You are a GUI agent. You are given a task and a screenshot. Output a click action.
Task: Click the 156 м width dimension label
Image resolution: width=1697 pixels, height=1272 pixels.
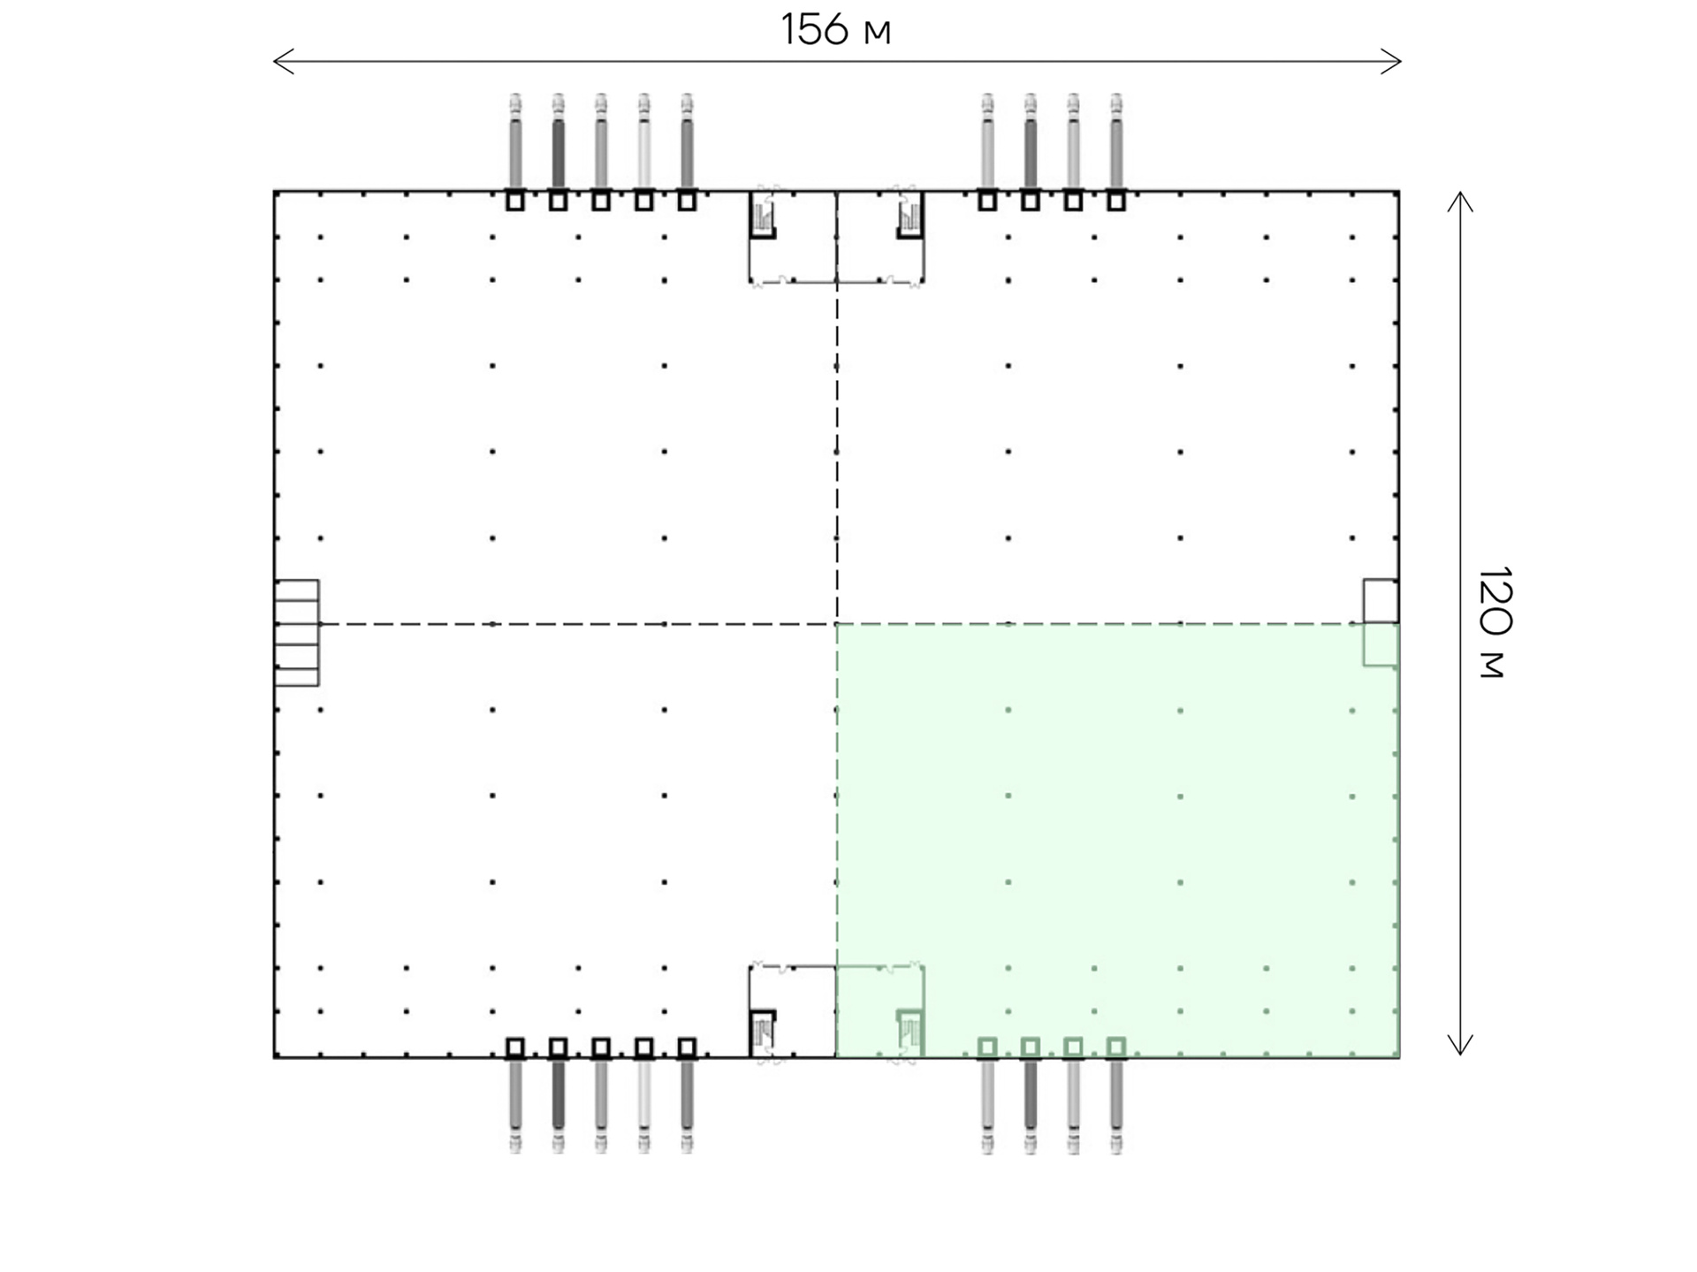pos(835,29)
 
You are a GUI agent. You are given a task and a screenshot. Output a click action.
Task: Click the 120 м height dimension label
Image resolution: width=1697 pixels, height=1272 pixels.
pos(1494,622)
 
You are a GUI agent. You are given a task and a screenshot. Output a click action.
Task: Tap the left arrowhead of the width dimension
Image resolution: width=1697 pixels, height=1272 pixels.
pos(283,62)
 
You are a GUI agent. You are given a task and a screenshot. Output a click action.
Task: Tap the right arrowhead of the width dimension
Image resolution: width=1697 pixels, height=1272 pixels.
pos(1392,62)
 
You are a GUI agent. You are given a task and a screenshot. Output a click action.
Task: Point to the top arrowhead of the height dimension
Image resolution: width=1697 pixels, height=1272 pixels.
pos(1460,202)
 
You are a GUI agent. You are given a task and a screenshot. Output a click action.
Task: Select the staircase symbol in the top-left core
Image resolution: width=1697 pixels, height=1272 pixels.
pos(763,215)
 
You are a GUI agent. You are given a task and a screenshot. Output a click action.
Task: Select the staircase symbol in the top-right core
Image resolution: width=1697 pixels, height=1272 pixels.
pos(909,215)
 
